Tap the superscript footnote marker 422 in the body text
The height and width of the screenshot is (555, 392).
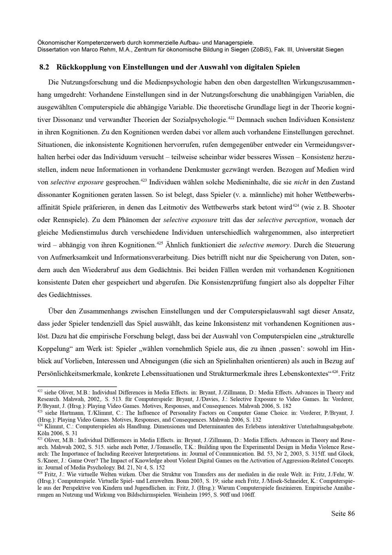coord(231,117)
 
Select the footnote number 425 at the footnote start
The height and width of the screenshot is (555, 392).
coord(40,439)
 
